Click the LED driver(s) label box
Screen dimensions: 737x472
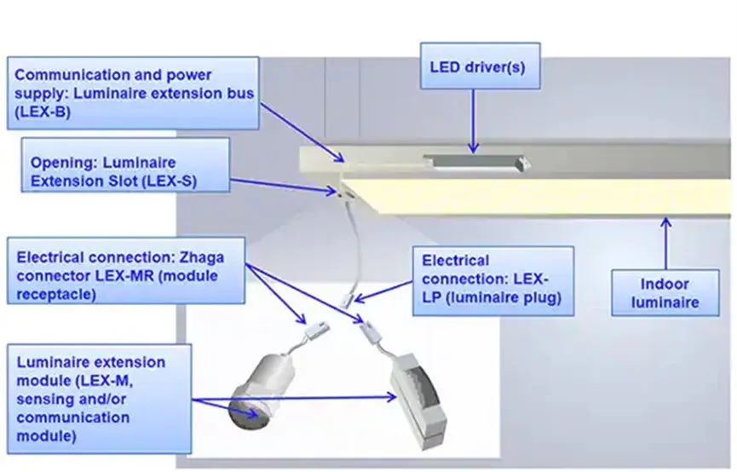(x=480, y=66)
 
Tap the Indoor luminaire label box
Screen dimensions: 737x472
(x=665, y=292)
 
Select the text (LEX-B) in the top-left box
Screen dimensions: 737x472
(x=43, y=112)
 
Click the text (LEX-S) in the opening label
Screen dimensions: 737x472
(x=170, y=181)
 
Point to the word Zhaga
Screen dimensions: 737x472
(x=202, y=257)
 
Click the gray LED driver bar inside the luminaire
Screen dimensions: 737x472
(x=476, y=162)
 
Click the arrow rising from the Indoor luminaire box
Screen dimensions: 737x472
(x=665, y=243)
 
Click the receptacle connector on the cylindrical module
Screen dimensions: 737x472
(x=316, y=329)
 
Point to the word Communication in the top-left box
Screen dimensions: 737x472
(x=68, y=75)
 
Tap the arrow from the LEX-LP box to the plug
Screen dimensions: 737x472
(x=383, y=291)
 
